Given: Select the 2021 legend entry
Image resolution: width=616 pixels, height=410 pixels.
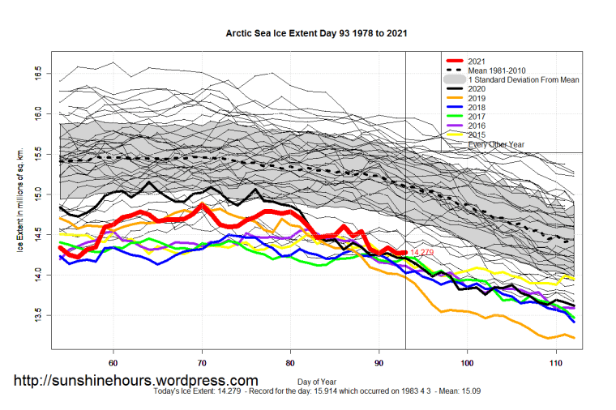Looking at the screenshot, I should coord(477,61).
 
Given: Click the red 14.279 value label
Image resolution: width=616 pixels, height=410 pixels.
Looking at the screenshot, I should coord(422,254).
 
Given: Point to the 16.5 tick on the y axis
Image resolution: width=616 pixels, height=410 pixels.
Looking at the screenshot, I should coord(37,74).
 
